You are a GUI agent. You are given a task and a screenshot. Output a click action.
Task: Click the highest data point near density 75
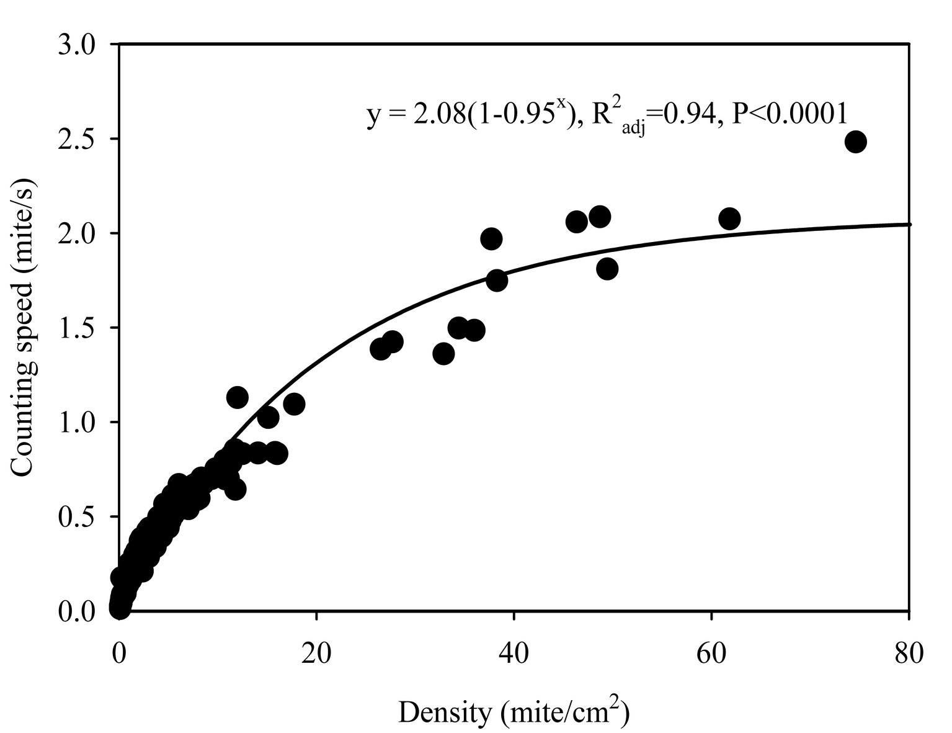click(855, 142)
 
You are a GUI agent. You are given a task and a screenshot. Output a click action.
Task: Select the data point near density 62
click(729, 218)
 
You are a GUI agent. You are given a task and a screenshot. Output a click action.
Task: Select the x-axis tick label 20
click(316, 656)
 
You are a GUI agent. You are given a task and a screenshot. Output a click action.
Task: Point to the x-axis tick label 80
click(908, 656)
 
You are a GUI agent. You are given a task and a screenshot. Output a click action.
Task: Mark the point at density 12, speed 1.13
click(237, 397)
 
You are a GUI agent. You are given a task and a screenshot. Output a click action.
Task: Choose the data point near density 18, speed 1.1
click(294, 404)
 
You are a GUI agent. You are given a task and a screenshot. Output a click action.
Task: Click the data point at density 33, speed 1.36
click(443, 354)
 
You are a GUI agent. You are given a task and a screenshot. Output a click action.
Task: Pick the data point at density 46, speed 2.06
click(577, 222)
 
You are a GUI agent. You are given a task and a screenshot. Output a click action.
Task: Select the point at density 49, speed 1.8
click(607, 269)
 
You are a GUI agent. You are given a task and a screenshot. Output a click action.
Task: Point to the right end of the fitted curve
click(908, 224)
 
